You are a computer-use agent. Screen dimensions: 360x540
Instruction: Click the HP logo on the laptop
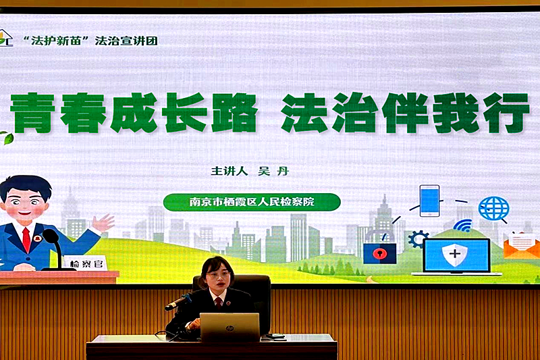(x=230, y=328)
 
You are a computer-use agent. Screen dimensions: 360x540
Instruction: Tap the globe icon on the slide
(x=493, y=209)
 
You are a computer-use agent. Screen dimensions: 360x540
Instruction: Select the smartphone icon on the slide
(x=429, y=201)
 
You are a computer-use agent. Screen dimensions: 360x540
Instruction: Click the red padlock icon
(x=380, y=253)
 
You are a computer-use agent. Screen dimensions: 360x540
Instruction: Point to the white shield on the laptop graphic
(x=456, y=255)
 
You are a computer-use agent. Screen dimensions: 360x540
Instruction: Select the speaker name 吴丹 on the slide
(x=274, y=171)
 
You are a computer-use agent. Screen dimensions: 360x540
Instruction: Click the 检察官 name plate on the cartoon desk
(x=85, y=263)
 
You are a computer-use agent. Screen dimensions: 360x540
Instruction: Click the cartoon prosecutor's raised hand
(x=103, y=222)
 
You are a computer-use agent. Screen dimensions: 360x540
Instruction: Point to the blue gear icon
(x=418, y=238)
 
